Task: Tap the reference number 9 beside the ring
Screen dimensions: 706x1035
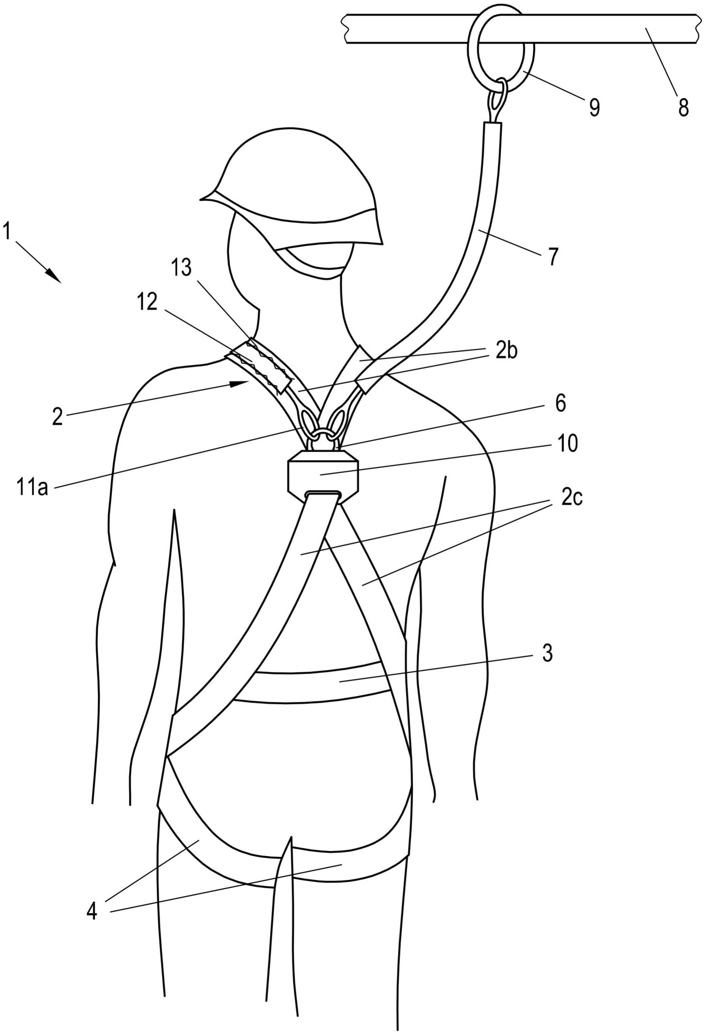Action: pos(594,106)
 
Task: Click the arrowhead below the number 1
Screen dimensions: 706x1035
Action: pos(54,276)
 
